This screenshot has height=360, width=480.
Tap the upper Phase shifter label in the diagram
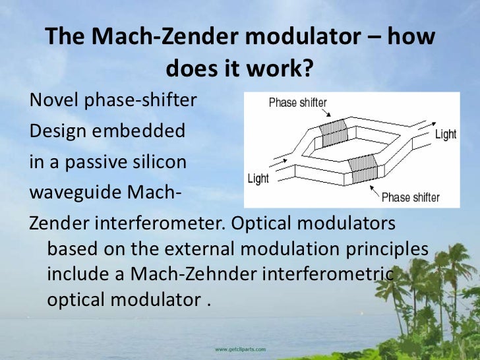pos(297,103)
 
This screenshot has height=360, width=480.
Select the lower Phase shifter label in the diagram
pos(410,197)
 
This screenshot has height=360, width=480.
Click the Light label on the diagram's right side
pos(446,135)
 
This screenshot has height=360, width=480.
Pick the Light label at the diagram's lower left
pos(258,179)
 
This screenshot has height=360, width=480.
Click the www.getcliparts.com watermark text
pos(240,348)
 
